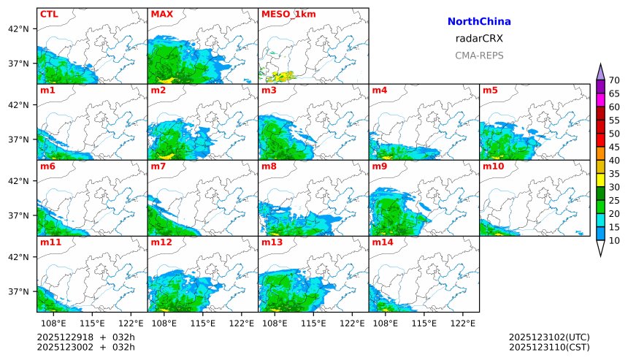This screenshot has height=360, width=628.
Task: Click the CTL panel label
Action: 49,14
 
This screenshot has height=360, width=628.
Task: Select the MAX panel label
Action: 161,14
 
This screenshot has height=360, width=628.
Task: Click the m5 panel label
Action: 490,91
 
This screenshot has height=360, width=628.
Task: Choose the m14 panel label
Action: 383,242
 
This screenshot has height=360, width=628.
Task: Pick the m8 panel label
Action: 269,166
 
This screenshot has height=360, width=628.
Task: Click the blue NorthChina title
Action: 479,22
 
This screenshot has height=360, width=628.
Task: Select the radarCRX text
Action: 479,39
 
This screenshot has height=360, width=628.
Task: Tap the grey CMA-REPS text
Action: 479,55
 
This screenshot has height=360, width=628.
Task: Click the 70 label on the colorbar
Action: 614,80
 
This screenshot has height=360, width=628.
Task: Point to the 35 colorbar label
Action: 614,174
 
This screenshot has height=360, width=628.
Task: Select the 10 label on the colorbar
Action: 614,240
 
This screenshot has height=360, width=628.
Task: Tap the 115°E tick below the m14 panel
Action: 424,322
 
